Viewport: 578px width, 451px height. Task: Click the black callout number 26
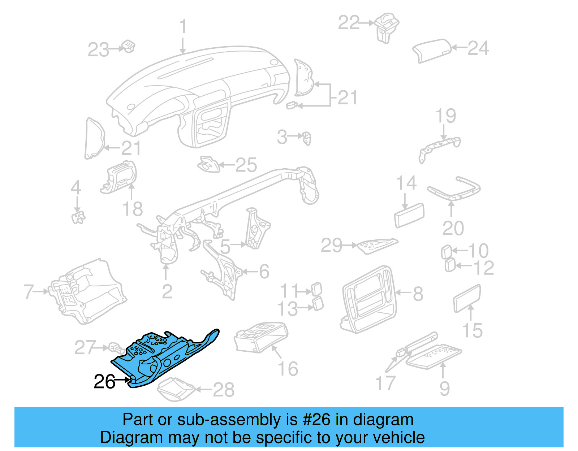(x=104, y=382)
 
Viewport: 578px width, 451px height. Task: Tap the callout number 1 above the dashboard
(x=183, y=27)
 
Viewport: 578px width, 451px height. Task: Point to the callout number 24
(x=478, y=48)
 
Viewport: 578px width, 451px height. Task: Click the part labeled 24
(x=432, y=51)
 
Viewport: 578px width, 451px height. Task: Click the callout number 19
(x=445, y=116)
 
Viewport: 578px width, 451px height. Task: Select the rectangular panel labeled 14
(x=409, y=215)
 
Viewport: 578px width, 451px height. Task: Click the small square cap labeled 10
(x=446, y=252)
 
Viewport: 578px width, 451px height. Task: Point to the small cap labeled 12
(x=450, y=265)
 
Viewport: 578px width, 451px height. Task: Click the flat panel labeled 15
(x=467, y=298)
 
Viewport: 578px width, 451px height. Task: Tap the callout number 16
(x=288, y=369)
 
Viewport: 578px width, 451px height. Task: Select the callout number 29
(x=331, y=246)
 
